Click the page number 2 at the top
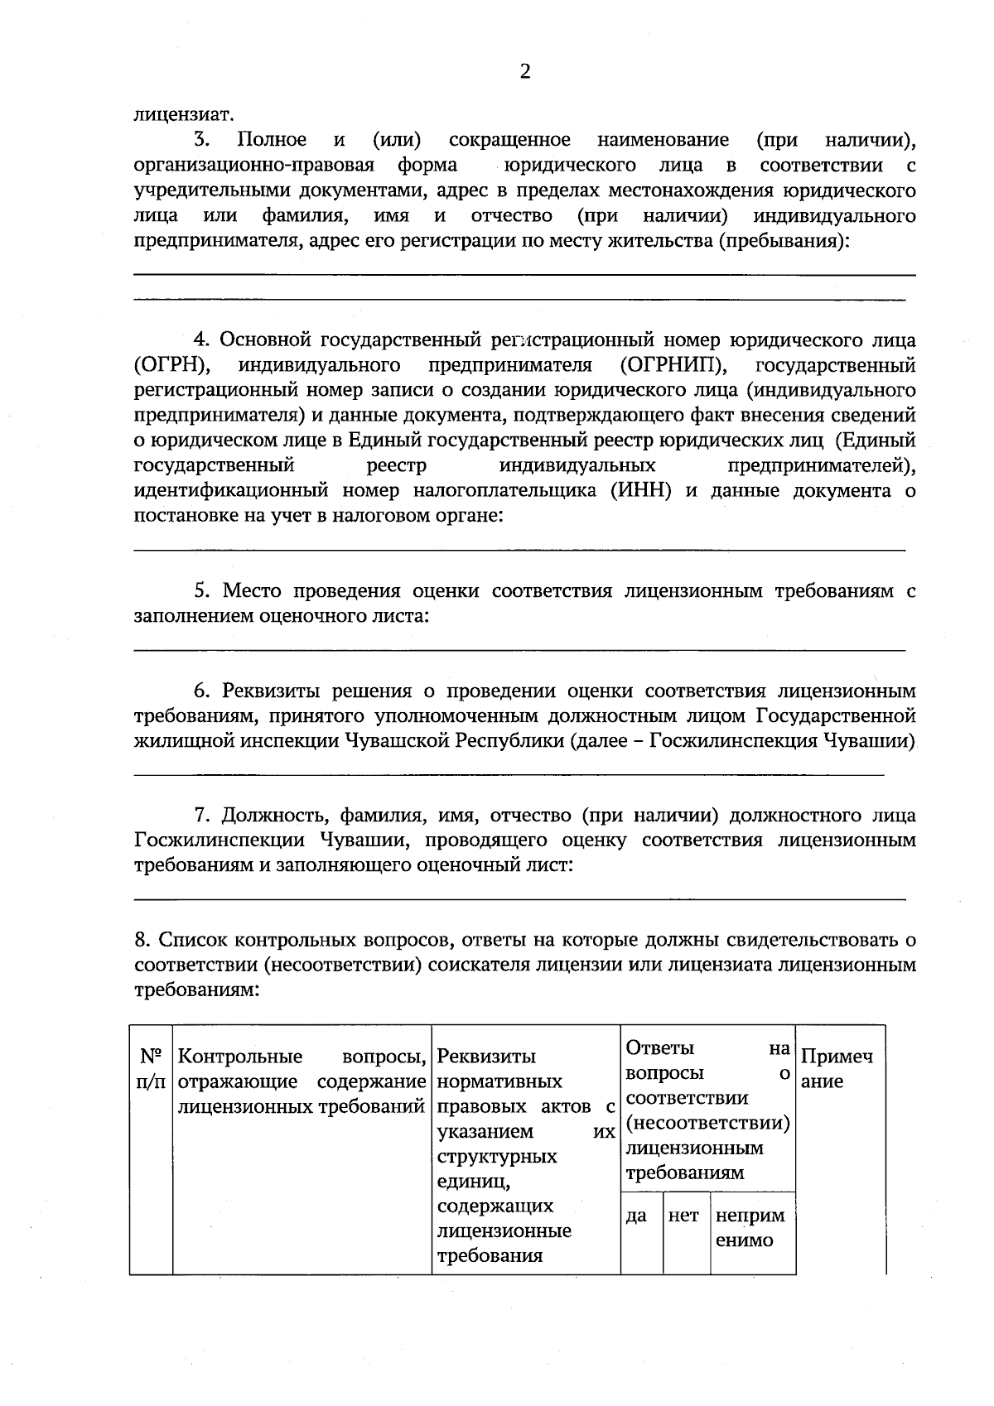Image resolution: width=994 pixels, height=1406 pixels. [524, 71]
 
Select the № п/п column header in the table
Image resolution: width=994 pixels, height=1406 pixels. [151, 1069]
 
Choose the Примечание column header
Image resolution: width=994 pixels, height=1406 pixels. [837, 1069]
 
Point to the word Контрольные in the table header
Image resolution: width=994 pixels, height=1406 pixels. [240, 1057]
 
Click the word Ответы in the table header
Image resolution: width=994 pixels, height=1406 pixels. [660, 1048]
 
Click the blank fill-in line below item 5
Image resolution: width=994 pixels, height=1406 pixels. [519, 650]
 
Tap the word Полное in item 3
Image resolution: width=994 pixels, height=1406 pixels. [270, 140]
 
